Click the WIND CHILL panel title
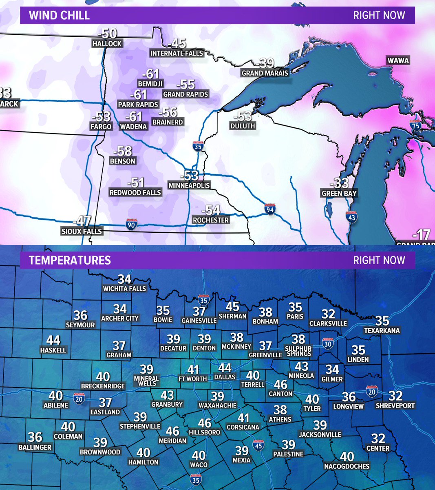click(59, 16)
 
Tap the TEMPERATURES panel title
click(70, 261)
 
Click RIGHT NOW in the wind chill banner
click(379, 16)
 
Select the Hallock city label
click(107, 43)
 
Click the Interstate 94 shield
click(269, 209)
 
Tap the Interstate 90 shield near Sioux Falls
click(131, 224)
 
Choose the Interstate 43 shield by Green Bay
click(352, 218)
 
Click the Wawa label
click(398, 61)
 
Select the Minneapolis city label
click(189, 185)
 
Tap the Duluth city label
click(243, 126)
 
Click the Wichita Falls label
click(124, 289)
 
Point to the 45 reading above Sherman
click(233, 306)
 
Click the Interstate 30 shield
click(327, 343)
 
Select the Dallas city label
click(225, 377)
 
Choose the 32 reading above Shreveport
click(395, 396)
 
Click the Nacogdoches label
click(347, 466)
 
